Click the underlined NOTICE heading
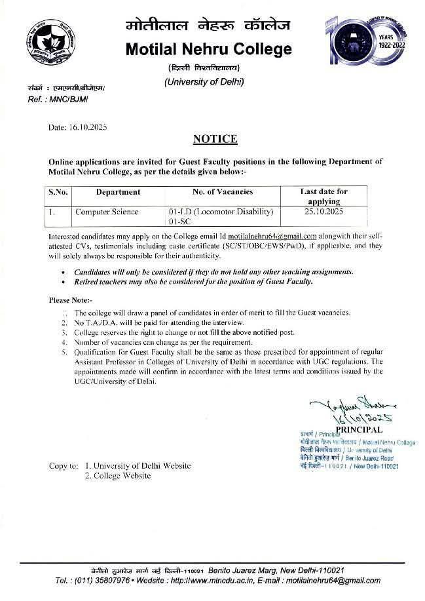[215, 139]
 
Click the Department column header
[118, 192]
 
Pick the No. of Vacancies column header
[222, 192]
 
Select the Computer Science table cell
[106, 212]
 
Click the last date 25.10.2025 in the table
[323, 212]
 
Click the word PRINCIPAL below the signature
[359, 429]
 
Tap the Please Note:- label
[70, 300]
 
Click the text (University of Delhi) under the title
[204, 82]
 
